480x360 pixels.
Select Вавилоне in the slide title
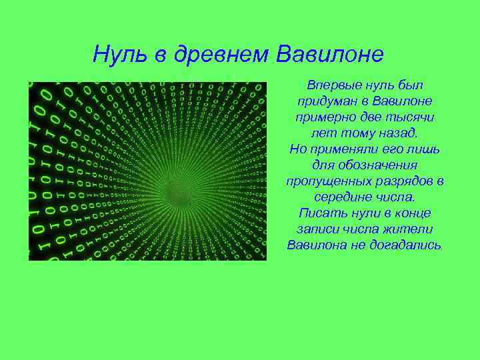(329, 53)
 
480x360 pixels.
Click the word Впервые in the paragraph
(332, 86)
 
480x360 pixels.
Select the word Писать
(321, 213)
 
